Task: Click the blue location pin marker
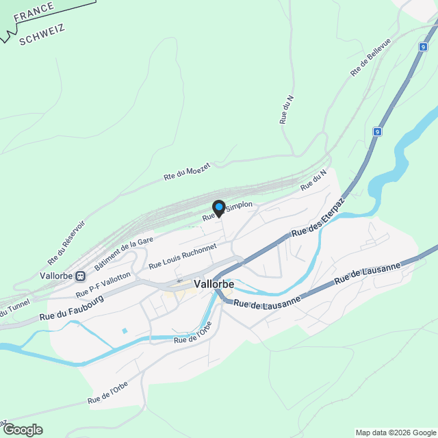coord(219,207)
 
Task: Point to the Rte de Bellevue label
coord(370,57)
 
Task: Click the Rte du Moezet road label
coord(186,170)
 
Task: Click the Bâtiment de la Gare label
coord(124,253)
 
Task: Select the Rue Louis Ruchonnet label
coord(182,255)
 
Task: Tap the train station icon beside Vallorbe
coord(81,276)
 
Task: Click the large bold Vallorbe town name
coord(214,283)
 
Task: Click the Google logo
coord(23,429)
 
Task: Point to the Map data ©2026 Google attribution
coord(395,433)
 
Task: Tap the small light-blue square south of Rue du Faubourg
coord(124,331)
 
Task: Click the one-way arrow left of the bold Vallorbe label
coord(180,281)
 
